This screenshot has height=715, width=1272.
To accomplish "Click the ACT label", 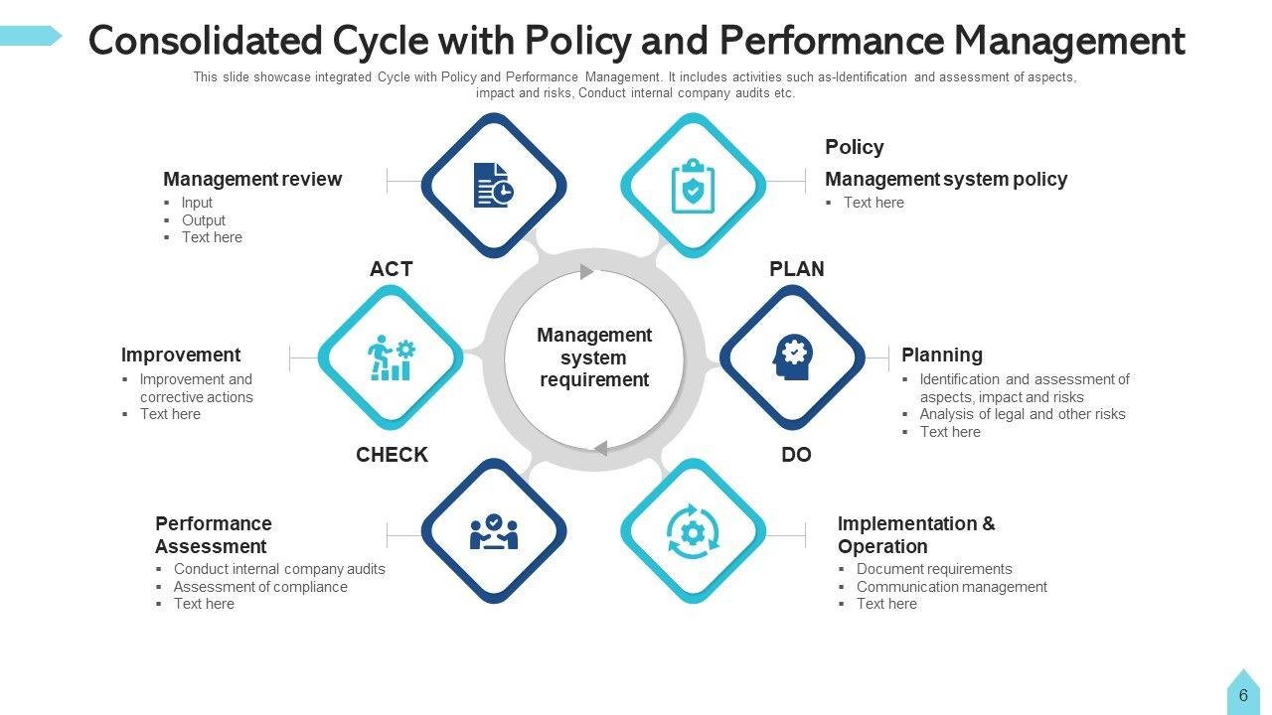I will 391,269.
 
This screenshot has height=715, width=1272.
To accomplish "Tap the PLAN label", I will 796,269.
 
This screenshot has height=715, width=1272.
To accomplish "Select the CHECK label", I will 392,455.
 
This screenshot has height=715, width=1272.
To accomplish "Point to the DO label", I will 796,455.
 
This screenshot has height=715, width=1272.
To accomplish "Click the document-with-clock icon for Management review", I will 493,186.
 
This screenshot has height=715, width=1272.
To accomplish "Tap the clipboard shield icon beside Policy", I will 693,186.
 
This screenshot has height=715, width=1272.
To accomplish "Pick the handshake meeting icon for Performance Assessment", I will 493,531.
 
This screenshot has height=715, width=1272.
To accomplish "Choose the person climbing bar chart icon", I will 391,357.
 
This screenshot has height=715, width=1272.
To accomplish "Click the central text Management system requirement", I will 594,357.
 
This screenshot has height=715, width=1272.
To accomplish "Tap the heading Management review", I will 252,180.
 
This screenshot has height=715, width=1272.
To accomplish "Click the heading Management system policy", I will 946,180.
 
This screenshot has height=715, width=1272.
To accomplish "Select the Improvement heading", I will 181,356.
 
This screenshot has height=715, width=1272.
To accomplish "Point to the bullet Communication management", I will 951,587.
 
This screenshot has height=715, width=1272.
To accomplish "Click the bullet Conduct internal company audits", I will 279,569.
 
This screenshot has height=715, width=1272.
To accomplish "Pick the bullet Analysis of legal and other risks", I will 1023,414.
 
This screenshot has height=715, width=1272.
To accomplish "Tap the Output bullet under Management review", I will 204,220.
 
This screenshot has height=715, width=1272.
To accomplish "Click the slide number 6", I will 1243,696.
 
